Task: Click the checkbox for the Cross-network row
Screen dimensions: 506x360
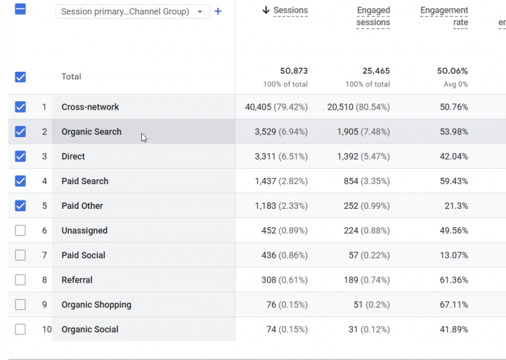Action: click(20, 107)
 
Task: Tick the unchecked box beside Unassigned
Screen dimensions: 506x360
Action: click(20, 231)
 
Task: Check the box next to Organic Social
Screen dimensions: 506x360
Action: click(20, 329)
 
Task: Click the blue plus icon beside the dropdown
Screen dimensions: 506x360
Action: click(218, 11)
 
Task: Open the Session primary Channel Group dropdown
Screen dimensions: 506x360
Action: click(133, 12)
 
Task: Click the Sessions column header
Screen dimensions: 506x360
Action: click(290, 11)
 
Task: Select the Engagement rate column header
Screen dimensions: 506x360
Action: click(444, 16)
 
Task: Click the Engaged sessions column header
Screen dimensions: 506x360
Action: click(373, 16)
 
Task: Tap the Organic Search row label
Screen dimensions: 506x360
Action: click(91, 131)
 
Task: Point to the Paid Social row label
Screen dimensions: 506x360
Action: click(83, 255)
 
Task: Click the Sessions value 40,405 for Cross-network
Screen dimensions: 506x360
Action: click(258, 107)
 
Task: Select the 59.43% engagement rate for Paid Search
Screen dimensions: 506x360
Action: click(454, 181)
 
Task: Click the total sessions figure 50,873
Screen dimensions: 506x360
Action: click(294, 71)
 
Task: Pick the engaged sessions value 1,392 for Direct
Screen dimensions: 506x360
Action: click(348, 157)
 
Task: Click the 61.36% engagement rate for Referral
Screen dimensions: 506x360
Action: click(454, 280)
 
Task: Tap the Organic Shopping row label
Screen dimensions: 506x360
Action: click(96, 304)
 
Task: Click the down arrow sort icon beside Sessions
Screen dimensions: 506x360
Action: click(266, 10)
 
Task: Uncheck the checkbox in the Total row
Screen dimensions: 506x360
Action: click(20, 77)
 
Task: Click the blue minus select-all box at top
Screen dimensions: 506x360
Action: click(20, 9)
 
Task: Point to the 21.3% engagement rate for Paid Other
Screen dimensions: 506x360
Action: click(456, 206)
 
